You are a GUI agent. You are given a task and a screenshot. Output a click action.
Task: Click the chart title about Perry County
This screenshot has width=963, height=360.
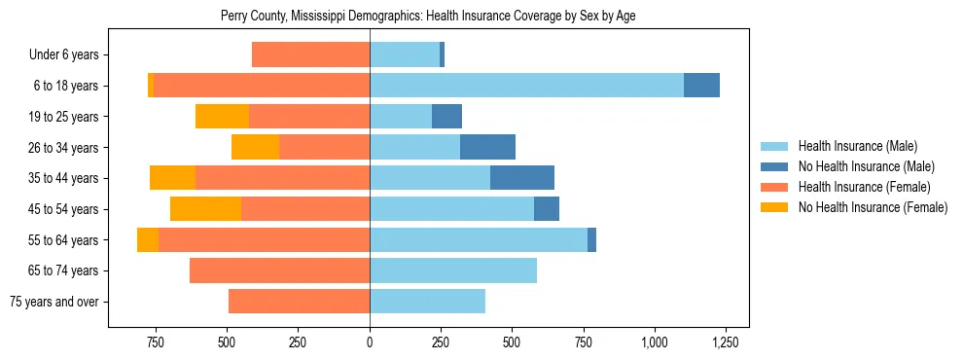(x=428, y=17)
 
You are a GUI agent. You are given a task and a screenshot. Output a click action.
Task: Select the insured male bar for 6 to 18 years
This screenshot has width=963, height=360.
(x=526, y=86)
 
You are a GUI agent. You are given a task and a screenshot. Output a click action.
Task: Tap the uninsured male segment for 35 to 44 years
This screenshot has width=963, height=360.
(x=522, y=178)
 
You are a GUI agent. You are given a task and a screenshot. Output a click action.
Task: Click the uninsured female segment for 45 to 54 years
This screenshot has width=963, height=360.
(x=205, y=209)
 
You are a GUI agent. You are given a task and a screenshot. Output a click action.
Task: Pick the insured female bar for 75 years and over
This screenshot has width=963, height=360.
(x=299, y=302)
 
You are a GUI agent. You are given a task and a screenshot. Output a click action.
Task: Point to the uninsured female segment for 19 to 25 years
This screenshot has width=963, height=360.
(x=222, y=117)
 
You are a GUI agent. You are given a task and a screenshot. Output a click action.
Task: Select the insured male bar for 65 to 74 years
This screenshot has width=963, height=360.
(x=453, y=270)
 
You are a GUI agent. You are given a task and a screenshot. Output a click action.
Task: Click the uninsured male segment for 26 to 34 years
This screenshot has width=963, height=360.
(x=487, y=148)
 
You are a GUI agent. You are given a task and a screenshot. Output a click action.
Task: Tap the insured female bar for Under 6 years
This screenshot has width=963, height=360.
(x=310, y=55)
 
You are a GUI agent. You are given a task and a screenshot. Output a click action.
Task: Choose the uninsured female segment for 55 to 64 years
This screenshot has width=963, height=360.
(x=148, y=240)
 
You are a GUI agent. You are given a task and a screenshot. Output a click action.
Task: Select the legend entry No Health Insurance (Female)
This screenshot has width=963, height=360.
(x=873, y=207)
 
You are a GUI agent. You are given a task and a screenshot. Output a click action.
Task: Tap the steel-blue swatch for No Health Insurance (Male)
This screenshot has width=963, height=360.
(x=774, y=166)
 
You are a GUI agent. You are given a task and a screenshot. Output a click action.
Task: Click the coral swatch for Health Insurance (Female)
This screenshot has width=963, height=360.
(x=774, y=187)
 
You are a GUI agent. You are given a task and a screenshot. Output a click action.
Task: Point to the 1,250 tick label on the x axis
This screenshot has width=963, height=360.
(x=725, y=342)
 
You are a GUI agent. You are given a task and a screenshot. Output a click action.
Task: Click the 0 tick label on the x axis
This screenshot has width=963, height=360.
(x=370, y=342)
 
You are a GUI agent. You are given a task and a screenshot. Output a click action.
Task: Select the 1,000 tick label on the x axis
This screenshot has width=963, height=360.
(x=654, y=342)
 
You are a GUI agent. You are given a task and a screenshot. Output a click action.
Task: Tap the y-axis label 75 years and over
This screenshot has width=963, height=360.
(x=53, y=302)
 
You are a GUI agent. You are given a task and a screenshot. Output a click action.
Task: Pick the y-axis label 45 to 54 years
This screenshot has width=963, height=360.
(x=65, y=209)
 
